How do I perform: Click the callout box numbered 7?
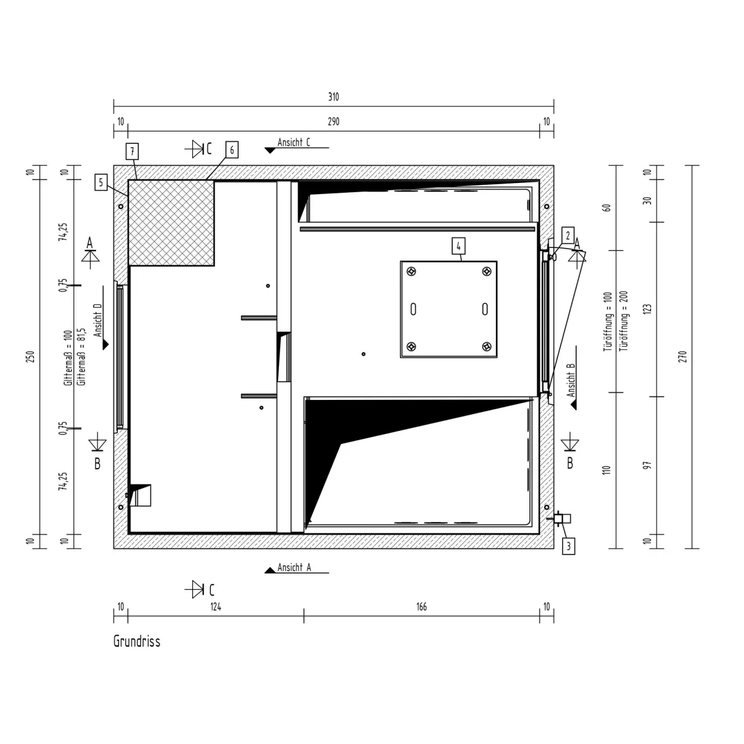click(x=132, y=151)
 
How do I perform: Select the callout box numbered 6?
click(x=232, y=150)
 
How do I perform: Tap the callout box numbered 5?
click(x=101, y=182)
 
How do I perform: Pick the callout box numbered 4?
click(x=458, y=246)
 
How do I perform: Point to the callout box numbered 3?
click(x=569, y=546)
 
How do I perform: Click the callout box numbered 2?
click(x=567, y=235)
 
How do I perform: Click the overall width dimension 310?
click(x=334, y=97)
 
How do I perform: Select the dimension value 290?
click(x=334, y=122)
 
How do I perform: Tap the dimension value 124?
click(x=216, y=606)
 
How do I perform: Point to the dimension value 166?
click(x=422, y=606)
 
